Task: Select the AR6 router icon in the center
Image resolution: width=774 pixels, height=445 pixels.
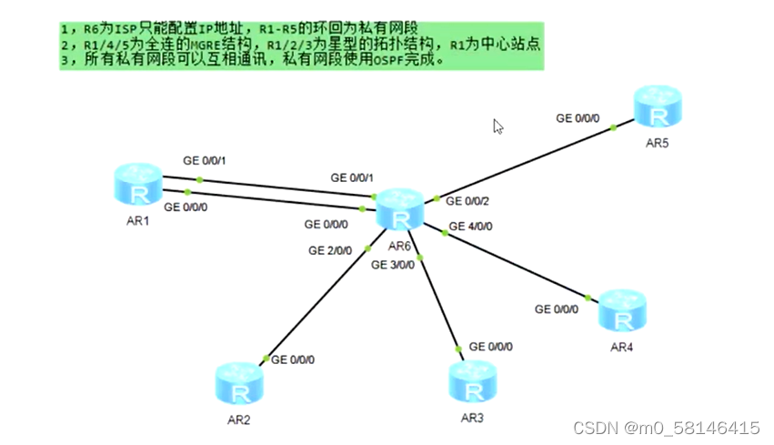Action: (x=400, y=210)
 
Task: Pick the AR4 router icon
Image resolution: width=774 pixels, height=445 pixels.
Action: (x=622, y=311)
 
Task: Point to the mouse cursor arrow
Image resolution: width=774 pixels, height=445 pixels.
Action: (x=498, y=126)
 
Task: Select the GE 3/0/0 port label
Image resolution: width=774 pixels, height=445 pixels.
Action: (x=393, y=265)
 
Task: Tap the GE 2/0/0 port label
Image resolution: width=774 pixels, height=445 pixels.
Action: (x=330, y=249)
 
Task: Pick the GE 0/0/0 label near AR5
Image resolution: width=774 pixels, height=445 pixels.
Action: (x=578, y=118)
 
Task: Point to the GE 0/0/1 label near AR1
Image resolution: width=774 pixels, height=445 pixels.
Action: (x=204, y=161)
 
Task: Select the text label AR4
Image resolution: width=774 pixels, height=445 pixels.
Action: (x=621, y=347)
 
